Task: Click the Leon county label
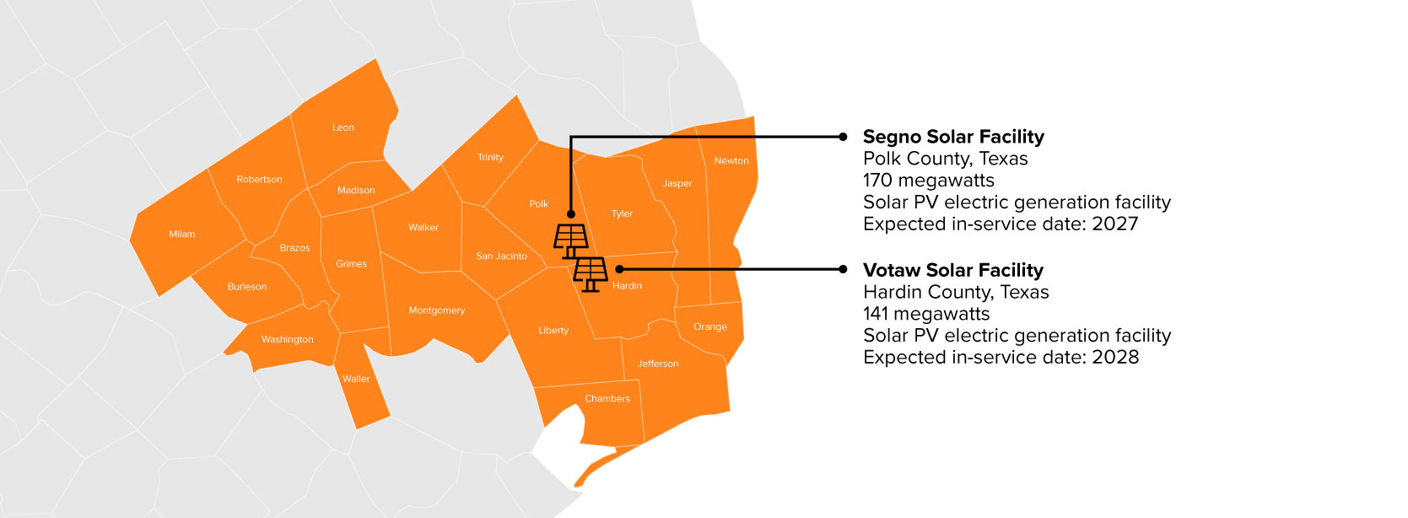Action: [343, 127]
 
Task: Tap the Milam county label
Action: [181, 234]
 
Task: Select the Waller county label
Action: [356, 379]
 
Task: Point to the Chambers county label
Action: [607, 398]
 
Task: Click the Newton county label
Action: [731, 160]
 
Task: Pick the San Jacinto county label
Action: [501, 256]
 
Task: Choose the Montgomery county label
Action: [436, 310]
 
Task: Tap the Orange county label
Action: [709, 326]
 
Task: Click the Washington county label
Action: [287, 339]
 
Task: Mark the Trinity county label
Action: [490, 157]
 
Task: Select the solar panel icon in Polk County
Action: [571, 240]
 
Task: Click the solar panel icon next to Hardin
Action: [591, 273]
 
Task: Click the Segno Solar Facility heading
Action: [953, 137]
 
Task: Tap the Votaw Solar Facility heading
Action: [952, 270]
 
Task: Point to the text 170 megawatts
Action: [928, 181]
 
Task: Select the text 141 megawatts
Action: [925, 314]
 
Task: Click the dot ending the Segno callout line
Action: [843, 137]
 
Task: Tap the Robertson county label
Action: [259, 179]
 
